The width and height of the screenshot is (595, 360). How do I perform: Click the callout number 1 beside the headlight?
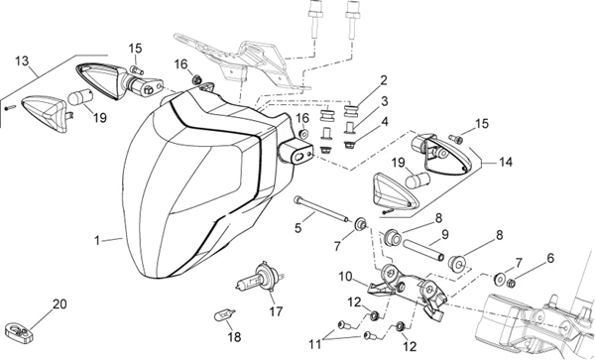97,241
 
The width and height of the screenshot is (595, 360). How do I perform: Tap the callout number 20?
59,304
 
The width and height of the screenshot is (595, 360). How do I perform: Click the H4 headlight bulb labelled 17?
258,280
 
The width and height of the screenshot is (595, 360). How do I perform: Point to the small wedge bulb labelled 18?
225,314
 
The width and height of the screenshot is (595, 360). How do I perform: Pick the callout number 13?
22,60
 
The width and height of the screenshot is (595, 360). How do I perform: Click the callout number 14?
506,163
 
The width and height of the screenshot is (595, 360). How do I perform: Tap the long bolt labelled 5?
321,209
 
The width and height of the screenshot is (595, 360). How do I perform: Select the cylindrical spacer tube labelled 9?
423,250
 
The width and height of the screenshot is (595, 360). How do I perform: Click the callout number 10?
346,277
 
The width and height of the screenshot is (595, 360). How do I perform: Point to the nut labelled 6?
511,283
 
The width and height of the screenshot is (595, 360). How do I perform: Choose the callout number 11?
315,344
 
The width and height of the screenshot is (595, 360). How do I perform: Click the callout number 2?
384,80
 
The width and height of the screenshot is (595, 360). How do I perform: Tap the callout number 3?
385,101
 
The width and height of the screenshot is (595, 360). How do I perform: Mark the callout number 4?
385,122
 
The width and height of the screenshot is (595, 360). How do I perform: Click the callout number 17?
276,311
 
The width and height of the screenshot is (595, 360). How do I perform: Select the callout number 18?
234,337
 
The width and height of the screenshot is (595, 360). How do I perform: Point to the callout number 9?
444,234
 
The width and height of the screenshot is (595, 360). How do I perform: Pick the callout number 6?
550,259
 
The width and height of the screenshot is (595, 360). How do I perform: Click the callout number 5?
298,228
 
